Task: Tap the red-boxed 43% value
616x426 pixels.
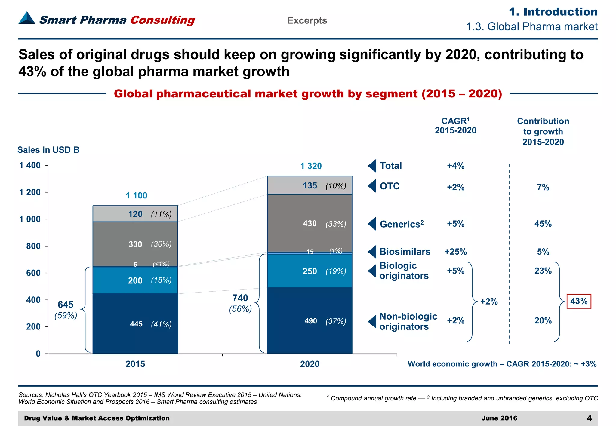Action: pos(579,301)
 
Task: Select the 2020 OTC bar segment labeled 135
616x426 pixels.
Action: pos(310,185)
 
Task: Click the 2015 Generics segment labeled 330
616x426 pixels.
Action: pos(135,244)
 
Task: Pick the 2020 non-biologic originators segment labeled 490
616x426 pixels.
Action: pos(310,321)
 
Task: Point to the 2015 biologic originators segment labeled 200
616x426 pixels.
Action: pos(135,280)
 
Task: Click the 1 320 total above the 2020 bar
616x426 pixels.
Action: pos(311,166)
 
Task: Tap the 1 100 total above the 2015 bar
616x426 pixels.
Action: pos(136,195)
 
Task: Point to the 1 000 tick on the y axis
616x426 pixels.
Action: pos(30,219)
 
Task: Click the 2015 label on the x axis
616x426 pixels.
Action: pos(135,364)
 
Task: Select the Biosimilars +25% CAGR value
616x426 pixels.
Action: pos(455,252)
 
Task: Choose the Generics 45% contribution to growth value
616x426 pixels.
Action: pos(543,224)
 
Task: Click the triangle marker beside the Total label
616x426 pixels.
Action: pos(372,166)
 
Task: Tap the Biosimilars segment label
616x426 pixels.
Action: pos(405,252)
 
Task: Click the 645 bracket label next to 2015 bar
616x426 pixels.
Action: pos(66,305)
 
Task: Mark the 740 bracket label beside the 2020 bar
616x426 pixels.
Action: pos(240,298)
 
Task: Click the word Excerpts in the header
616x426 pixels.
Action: pos(307,20)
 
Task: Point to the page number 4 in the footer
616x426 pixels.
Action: pos(589,418)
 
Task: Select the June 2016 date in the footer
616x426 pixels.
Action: pos(499,418)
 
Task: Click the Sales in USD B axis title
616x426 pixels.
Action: pos(48,150)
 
